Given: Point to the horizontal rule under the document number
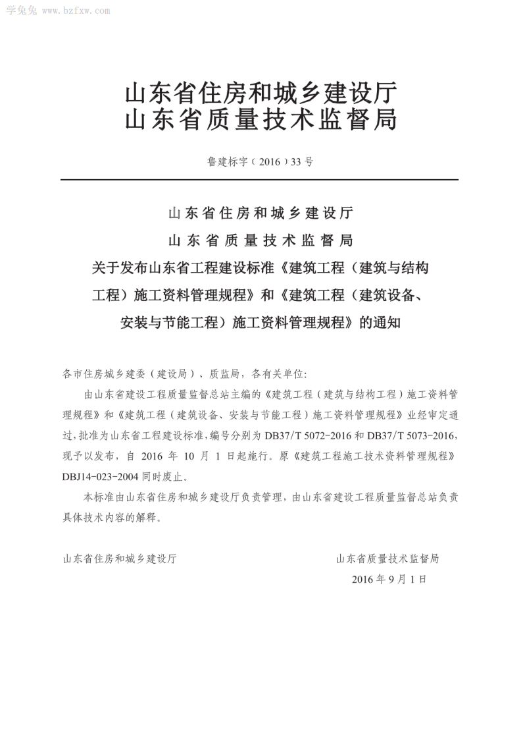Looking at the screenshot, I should click(x=260, y=180).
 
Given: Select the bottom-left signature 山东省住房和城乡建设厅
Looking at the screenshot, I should click(x=119, y=559).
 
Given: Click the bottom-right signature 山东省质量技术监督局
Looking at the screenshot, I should click(x=387, y=559).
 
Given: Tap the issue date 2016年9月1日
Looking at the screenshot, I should click(x=389, y=580).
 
